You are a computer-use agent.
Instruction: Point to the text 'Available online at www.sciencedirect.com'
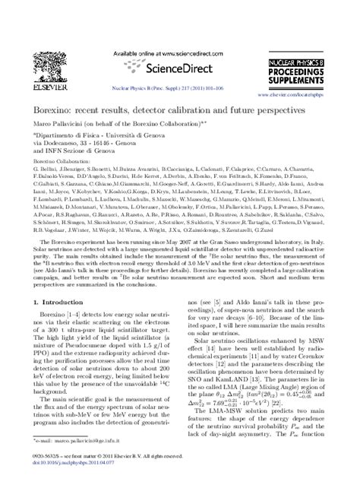(x=167, y=31)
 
